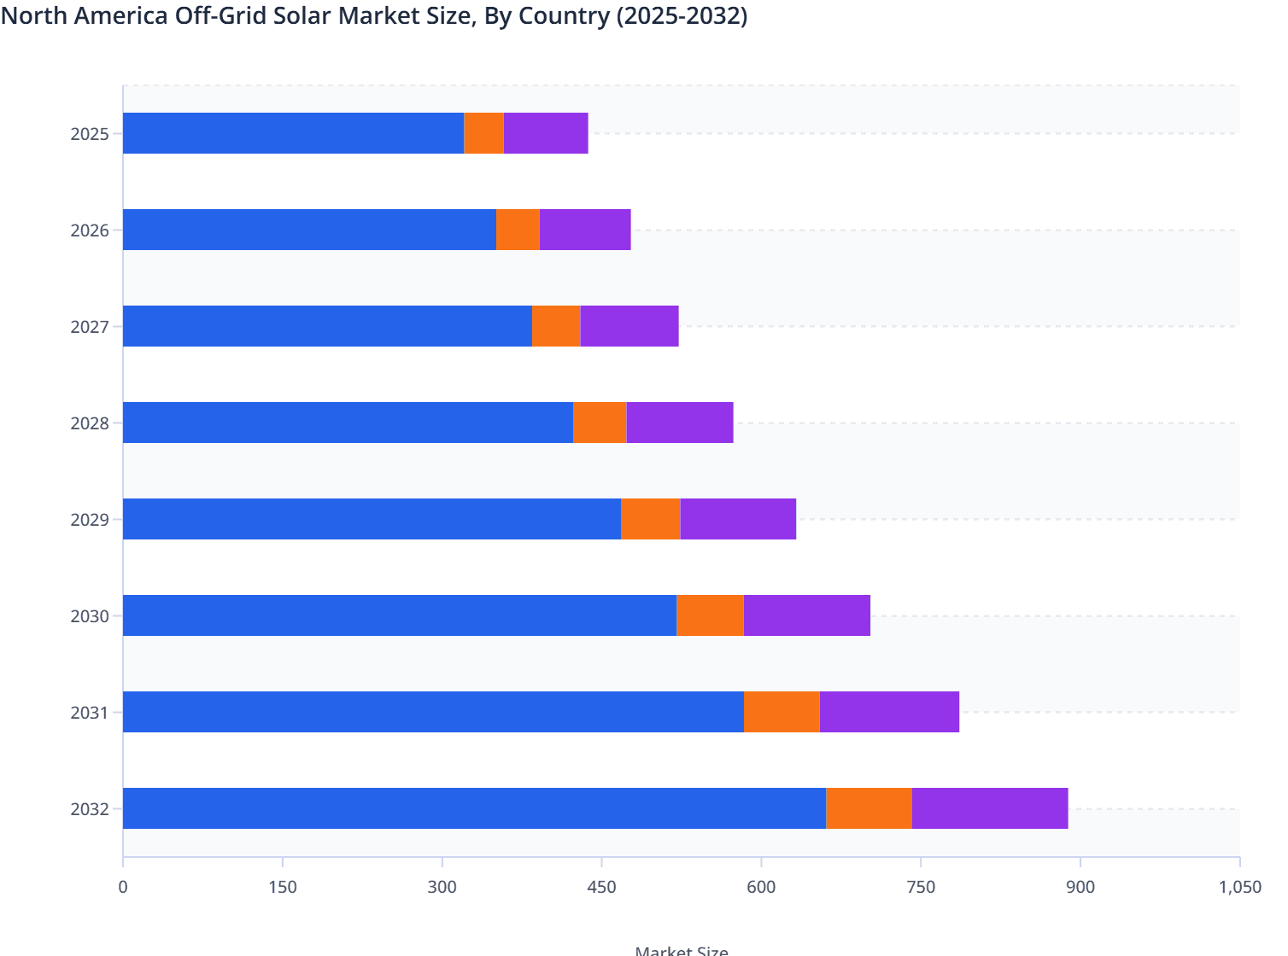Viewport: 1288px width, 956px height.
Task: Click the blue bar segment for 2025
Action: [293, 133]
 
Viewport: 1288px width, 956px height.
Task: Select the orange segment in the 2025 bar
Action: [483, 133]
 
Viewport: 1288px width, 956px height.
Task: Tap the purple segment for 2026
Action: [585, 230]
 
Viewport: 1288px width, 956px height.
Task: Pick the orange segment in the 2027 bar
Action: [556, 326]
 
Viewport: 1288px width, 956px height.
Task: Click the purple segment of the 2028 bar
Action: [680, 423]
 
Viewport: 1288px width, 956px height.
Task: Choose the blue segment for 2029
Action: [372, 519]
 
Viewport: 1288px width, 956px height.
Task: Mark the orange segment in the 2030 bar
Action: [710, 615]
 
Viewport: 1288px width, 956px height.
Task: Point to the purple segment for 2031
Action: [889, 712]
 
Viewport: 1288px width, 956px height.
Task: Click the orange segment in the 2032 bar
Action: [869, 808]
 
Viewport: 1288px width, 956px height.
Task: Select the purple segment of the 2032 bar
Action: [990, 808]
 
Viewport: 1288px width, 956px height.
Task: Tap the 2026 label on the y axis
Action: [90, 230]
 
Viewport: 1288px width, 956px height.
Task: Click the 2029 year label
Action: [90, 520]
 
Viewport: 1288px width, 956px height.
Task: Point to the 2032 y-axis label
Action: [90, 809]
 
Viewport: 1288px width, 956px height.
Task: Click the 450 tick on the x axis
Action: [601, 887]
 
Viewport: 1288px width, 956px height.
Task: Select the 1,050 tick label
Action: [1239, 887]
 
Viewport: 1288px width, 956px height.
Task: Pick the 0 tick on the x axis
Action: [123, 887]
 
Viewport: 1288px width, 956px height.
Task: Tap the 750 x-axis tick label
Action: [921, 887]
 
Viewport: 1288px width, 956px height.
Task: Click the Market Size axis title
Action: [682, 950]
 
